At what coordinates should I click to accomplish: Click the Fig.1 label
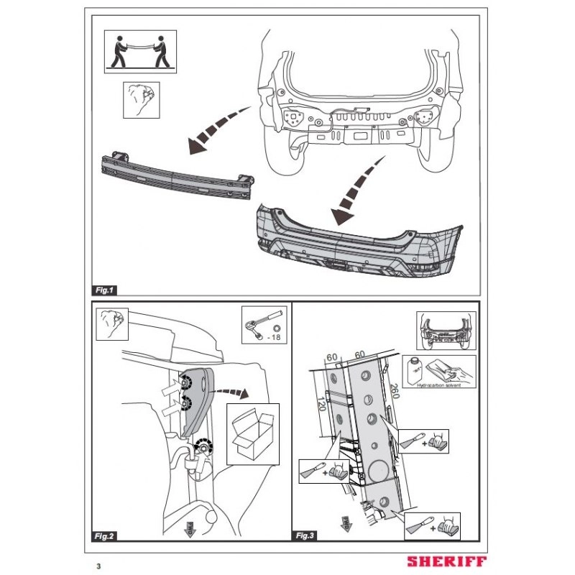tap(104, 290)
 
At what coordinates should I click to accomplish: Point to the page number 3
tap(98, 565)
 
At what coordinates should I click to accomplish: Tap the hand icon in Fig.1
tap(140, 100)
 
